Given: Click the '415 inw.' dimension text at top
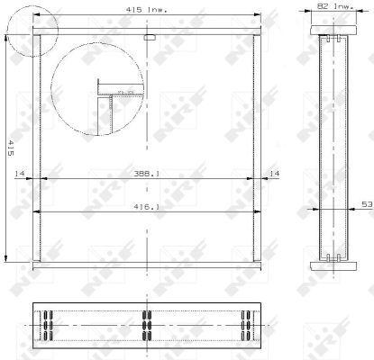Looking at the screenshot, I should (145, 11).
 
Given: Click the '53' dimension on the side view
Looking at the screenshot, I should (366, 206).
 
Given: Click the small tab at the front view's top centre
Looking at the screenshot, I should (150, 38).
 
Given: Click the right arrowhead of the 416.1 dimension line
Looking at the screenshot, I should (260, 212).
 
